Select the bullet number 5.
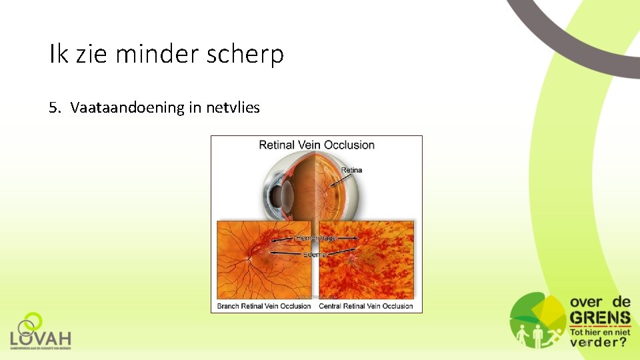point(53,107)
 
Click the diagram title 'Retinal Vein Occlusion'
point(317,145)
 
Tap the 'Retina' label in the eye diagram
point(351,170)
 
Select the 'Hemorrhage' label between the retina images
point(317,237)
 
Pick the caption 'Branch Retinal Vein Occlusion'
point(264,306)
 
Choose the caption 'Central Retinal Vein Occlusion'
point(366,306)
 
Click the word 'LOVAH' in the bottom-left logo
point(41,338)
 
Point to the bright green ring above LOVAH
point(32,321)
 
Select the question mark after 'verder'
point(622,342)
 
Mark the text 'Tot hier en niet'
point(599,331)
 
